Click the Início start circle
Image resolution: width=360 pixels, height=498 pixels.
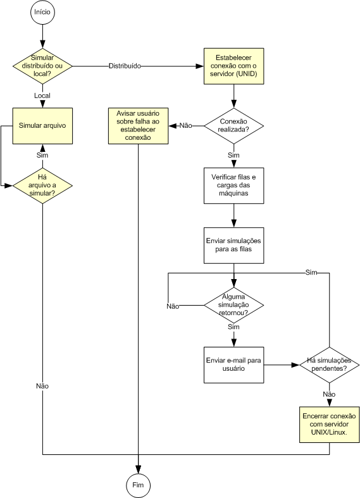pos(42,12)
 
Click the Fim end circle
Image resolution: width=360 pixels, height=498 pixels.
pos(138,485)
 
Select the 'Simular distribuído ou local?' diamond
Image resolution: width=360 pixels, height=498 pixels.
pos(42,66)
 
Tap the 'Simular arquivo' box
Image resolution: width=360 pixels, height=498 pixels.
pos(42,126)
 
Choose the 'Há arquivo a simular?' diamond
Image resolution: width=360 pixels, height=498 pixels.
pos(42,185)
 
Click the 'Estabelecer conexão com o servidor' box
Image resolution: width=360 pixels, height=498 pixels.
pos(233,66)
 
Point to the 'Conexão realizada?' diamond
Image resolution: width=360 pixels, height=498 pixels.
pos(233,126)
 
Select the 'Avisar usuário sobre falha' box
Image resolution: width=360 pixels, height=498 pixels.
pos(138,126)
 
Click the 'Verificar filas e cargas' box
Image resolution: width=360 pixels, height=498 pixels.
pos(233,185)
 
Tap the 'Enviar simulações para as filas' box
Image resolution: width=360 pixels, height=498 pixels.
pos(233,245)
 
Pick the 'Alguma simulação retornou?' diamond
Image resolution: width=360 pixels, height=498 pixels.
pos(233,305)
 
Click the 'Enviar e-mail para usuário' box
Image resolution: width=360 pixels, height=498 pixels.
pos(233,364)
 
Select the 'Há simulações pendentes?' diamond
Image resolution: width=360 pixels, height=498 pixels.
pos(329,364)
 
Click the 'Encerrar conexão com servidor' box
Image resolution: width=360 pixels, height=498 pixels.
pos(329,425)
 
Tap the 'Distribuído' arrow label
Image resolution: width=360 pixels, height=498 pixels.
pos(125,66)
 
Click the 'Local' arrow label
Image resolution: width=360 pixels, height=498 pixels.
pos(42,96)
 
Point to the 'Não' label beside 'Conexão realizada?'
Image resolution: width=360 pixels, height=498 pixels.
pos(186,126)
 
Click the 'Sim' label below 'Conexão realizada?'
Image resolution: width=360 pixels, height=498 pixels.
pos(233,155)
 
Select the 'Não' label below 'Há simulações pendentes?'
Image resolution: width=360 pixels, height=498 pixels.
pos(329,394)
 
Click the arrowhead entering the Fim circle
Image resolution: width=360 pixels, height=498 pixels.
pos(138,470)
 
